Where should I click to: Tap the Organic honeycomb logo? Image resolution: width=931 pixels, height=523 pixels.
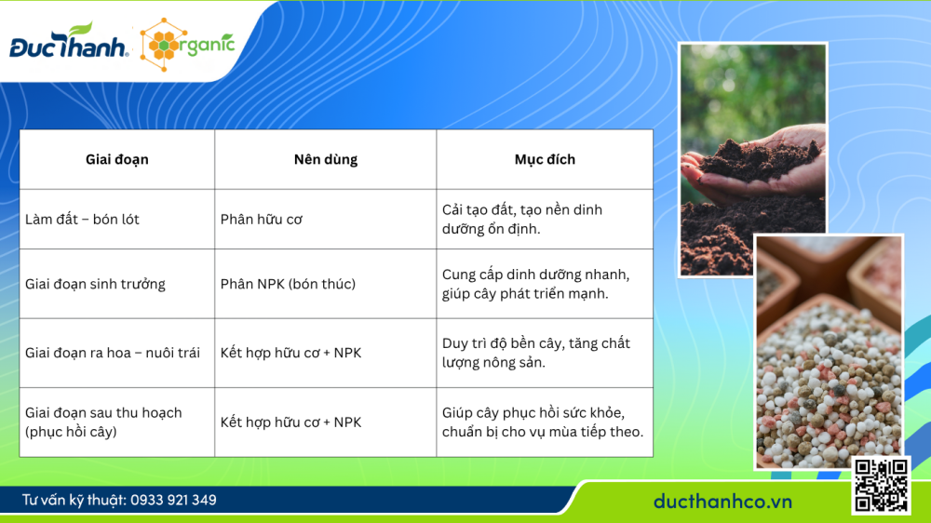tap(187, 43)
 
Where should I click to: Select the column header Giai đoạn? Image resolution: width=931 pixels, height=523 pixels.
tap(117, 159)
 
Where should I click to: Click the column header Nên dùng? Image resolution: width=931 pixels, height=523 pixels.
tap(325, 159)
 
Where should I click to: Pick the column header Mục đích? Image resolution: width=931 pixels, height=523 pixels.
tap(545, 159)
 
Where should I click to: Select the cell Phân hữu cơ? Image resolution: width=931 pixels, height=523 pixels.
tap(262, 220)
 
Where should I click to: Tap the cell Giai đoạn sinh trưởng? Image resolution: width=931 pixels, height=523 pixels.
tap(95, 284)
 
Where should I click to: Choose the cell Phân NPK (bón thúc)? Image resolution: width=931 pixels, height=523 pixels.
tap(288, 284)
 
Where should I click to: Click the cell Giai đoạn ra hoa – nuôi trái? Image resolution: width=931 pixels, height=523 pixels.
tap(113, 353)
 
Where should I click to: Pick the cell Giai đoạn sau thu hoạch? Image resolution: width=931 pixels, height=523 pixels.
tap(103, 422)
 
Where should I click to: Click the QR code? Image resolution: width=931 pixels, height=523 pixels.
tap(880, 485)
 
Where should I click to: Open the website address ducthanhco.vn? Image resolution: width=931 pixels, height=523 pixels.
tap(722, 501)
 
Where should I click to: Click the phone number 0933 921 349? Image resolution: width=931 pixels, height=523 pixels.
tap(173, 500)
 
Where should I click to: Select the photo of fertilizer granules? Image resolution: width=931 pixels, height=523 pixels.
tap(829, 354)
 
